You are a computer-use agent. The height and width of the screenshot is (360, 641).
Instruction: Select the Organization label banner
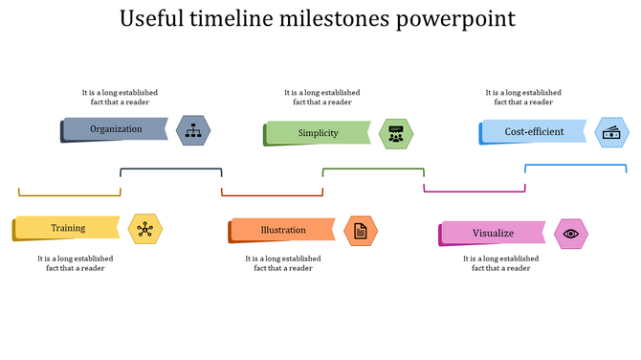click(116, 129)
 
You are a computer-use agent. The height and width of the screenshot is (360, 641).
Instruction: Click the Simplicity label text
click(318, 133)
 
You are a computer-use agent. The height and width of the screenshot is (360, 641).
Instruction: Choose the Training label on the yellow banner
click(68, 229)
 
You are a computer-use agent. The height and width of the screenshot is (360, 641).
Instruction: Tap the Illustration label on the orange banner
click(283, 231)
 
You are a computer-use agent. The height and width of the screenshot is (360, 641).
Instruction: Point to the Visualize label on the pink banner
click(493, 234)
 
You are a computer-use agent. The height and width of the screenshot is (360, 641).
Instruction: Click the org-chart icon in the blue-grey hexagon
click(194, 130)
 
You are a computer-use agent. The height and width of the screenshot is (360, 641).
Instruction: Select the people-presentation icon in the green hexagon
click(396, 133)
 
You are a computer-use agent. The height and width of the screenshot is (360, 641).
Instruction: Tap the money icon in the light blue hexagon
click(610, 132)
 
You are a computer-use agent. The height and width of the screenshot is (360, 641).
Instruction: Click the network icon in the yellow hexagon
click(144, 229)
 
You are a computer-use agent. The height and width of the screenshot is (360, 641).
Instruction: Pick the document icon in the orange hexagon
click(361, 231)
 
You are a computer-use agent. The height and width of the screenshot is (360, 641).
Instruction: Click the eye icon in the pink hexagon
click(571, 234)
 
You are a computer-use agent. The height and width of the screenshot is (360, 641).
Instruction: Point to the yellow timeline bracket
click(70, 194)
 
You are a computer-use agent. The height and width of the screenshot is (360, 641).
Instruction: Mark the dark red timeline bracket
click(273, 194)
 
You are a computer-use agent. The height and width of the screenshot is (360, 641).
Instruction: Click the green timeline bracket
click(373, 169)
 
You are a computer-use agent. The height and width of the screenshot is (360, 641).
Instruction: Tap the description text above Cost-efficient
click(523, 97)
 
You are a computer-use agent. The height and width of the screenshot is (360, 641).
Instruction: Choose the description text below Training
click(76, 263)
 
